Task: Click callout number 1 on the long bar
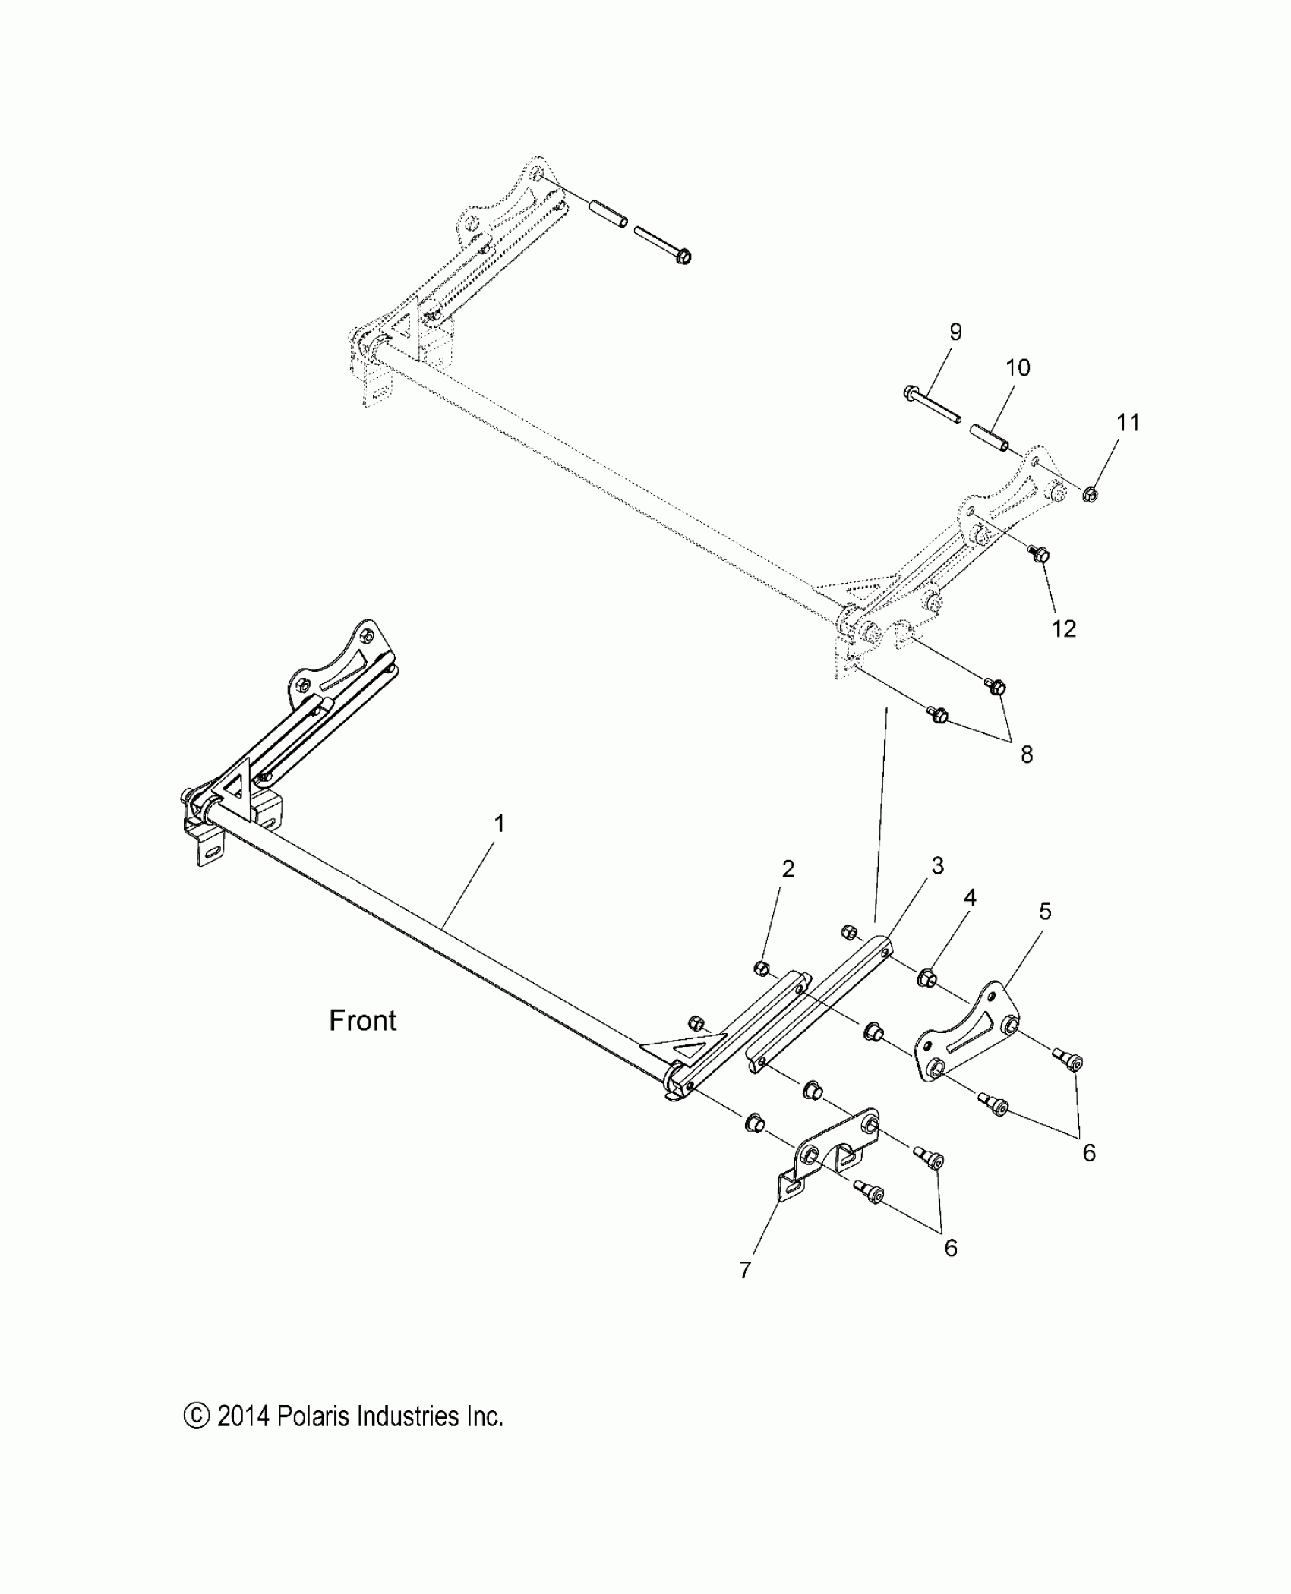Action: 499,824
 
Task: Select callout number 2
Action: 788,869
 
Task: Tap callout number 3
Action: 937,865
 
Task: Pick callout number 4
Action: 970,898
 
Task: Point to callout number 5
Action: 1045,911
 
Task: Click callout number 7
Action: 745,1270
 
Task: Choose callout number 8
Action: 1027,754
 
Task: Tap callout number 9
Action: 955,332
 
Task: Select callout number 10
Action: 1018,368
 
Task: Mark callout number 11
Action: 1128,422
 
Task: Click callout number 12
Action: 1064,628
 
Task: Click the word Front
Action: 362,1021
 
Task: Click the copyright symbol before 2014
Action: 196,1416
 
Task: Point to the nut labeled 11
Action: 1090,495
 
